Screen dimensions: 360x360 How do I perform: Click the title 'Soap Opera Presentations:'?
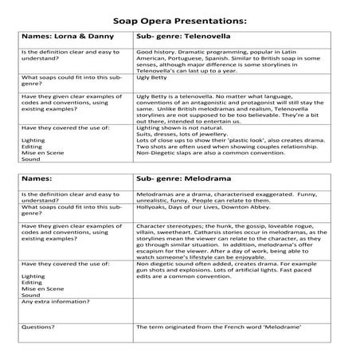(180, 18)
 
